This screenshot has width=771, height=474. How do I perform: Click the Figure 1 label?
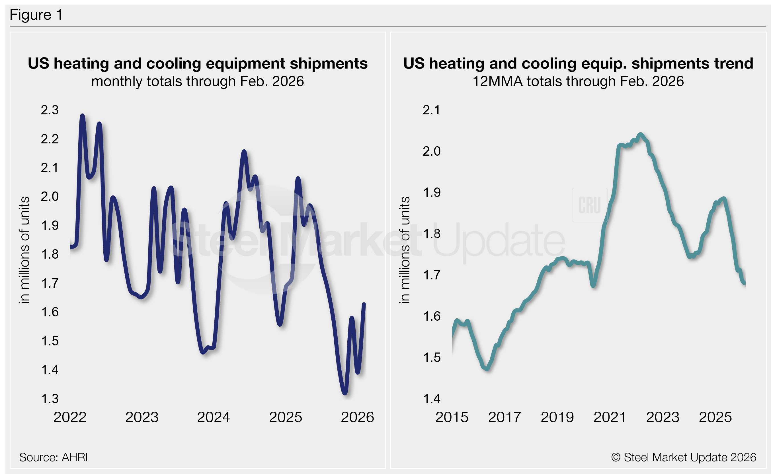click(x=36, y=15)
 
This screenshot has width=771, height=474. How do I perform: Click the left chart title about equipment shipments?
click(x=198, y=63)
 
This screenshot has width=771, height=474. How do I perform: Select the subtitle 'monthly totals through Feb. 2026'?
click(x=198, y=81)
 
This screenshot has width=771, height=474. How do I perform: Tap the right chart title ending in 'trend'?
click(x=578, y=63)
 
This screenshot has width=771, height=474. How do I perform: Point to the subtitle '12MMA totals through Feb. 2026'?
click(x=578, y=81)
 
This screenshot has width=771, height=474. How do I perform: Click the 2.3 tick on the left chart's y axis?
click(x=50, y=110)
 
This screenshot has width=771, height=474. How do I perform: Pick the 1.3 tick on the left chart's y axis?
click(x=50, y=399)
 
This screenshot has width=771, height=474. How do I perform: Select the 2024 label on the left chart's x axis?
click(x=214, y=417)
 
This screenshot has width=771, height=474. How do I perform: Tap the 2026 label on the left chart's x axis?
click(x=357, y=417)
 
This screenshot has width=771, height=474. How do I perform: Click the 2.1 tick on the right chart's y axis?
click(x=432, y=110)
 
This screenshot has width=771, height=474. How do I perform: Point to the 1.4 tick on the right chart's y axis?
click(x=432, y=399)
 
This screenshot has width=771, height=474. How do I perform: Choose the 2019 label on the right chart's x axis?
click(x=557, y=417)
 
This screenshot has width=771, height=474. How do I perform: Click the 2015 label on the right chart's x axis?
click(x=452, y=417)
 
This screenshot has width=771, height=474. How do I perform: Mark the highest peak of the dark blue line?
click(x=83, y=116)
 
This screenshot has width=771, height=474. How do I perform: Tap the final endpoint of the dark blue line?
click(x=364, y=304)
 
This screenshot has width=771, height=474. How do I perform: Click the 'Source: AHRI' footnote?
click(x=53, y=457)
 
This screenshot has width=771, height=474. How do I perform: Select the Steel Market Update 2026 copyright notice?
click(x=684, y=457)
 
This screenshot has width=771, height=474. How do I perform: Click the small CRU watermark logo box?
click(x=590, y=205)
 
